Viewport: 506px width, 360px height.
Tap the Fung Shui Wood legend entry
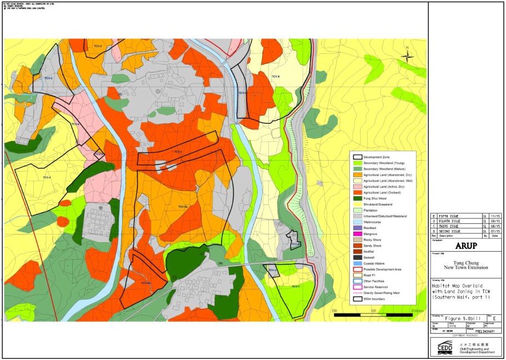click(x=359, y=198)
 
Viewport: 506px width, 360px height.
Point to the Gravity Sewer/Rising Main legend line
click(x=359, y=292)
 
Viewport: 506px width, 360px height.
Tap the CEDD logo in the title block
click(x=444, y=347)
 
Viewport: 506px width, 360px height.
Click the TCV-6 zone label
click(x=275, y=76)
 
